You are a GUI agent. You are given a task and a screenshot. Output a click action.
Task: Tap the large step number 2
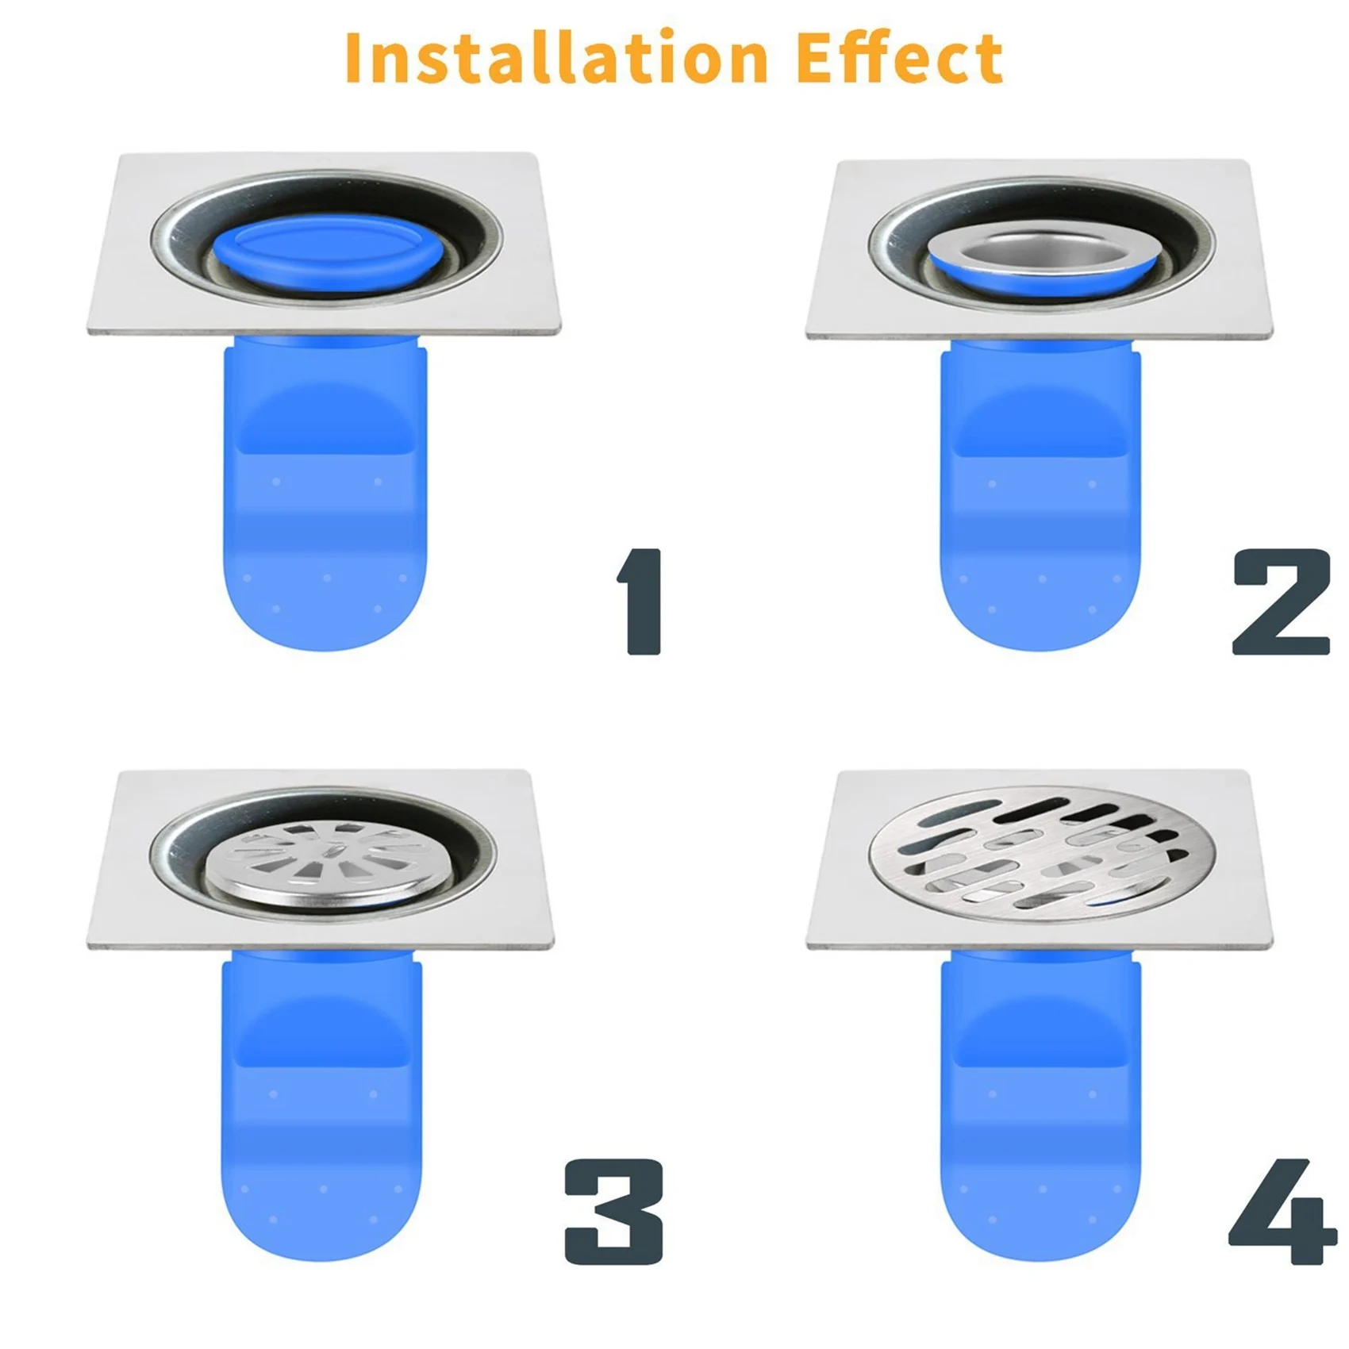[x=1281, y=601]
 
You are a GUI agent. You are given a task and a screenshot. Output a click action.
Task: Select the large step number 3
[x=613, y=1211]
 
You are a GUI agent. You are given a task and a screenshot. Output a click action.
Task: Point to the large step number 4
[x=1282, y=1211]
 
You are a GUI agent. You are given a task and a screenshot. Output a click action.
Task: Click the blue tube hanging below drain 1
[x=325, y=492]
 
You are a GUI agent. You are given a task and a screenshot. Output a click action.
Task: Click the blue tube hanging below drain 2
[x=1040, y=492]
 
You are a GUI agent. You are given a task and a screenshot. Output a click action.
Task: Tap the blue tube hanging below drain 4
[x=1040, y=1103]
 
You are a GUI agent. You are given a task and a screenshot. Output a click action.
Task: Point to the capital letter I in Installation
[x=355, y=56]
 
